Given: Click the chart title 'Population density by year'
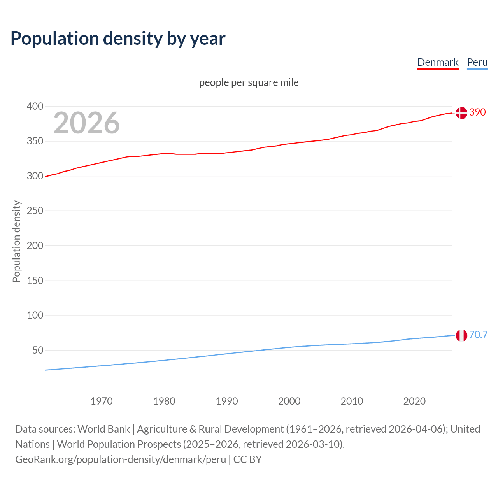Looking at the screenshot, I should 118,39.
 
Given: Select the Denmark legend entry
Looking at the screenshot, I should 438,62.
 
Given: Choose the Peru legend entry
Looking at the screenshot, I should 477,62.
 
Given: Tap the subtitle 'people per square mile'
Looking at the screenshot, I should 249,82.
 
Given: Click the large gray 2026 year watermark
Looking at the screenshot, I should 86,123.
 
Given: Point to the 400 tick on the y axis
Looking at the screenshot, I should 35,106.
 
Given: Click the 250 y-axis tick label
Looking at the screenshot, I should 35,210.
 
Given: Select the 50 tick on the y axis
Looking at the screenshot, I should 38,350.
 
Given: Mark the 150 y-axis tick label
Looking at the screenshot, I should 35,280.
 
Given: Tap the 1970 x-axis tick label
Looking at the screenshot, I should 102,401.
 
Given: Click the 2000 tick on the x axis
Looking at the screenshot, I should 289,401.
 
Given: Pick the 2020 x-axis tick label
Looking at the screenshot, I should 414,401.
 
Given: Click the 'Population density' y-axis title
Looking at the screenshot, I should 16,241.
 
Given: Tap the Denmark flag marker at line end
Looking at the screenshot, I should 461,113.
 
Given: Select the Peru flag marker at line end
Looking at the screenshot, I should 461,335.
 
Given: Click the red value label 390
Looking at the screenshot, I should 477,112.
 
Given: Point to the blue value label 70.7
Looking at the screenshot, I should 478,335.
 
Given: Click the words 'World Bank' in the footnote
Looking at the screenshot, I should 103,429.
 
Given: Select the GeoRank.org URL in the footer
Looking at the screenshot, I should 121,459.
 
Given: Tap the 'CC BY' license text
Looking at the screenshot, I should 247,459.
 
